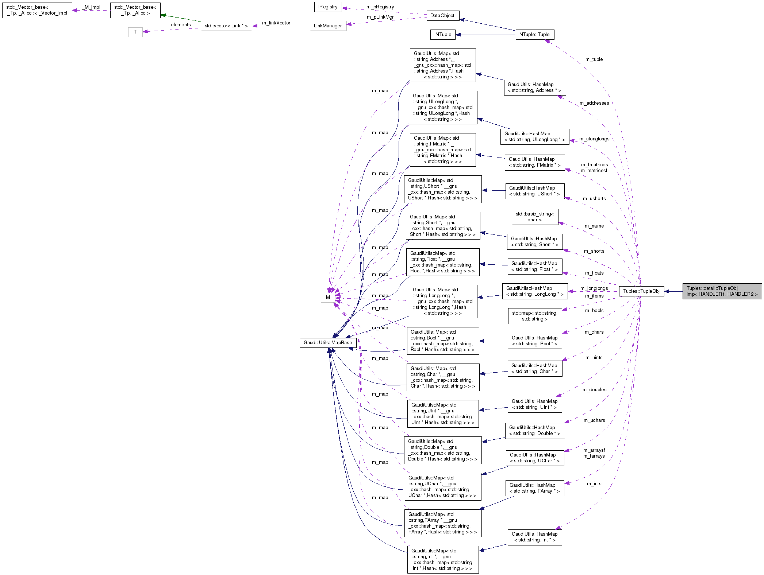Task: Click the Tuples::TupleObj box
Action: (641, 291)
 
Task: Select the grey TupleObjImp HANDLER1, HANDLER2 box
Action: (722, 291)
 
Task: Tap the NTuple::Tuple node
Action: (534, 35)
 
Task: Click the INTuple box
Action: (442, 35)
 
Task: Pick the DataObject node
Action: (442, 16)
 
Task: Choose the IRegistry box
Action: (327, 7)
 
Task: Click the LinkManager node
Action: (327, 26)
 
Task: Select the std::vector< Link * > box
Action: (226, 26)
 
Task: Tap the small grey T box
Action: (135, 32)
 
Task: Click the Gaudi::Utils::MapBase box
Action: (327, 343)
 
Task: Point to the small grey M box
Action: (327, 298)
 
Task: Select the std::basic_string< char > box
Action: (534, 217)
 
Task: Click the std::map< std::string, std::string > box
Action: (534, 316)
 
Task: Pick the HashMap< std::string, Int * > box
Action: (534, 537)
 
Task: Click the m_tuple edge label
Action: (594, 59)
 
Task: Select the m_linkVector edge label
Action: (276, 23)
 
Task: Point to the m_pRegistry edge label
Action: (380, 7)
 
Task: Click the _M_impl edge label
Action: (91, 7)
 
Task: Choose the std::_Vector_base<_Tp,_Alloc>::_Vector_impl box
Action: (37, 10)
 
